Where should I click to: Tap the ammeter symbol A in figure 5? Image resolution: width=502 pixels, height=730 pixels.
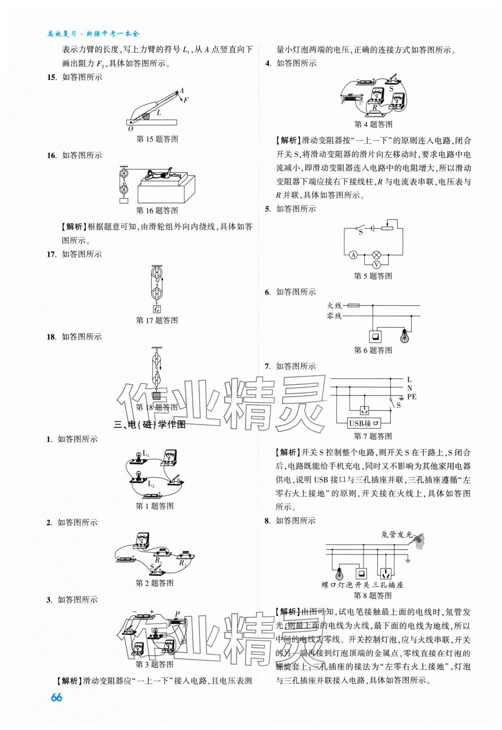pos(353,255)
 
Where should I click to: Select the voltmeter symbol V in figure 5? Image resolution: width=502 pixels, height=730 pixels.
pos(376,264)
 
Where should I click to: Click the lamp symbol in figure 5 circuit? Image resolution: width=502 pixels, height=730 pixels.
pos(376,255)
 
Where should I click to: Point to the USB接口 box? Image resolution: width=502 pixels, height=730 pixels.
pos(364,423)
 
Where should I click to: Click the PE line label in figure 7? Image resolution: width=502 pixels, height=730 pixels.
pos(412,397)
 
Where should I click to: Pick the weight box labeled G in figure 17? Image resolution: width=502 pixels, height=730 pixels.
pos(157,309)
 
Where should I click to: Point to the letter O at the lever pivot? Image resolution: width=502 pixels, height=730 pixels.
pos(131,129)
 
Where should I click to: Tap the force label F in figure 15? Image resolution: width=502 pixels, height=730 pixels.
pos(186,100)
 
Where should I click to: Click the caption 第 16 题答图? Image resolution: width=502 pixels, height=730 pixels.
pos(157,210)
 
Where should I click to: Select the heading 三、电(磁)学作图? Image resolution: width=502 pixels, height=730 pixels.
pos(150,425)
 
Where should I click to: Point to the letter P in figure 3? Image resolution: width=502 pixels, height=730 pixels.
pos(177,614)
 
